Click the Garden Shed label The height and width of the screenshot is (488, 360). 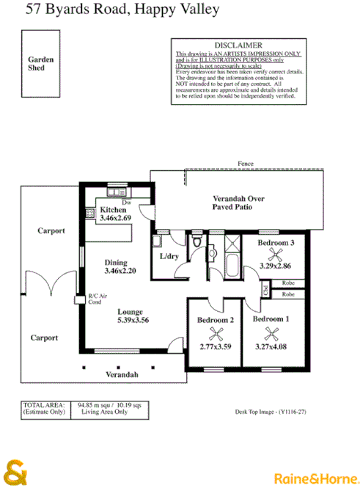pyautogui.click(x=36, y=63)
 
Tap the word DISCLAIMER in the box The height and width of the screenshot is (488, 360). pyautogui.click(x=235, y=45)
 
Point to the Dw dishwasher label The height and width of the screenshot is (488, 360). pyautogui.click(x=126, y=202)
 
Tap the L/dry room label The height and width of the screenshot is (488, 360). pyautogui.click(x=169, y=255)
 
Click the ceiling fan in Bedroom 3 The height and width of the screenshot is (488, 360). pyautogui.click(x=276, y=255)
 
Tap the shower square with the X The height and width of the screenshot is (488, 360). pyautogui.click(x=234, y=242)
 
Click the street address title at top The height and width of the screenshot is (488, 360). pyautogui.click(x=100, y=10)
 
